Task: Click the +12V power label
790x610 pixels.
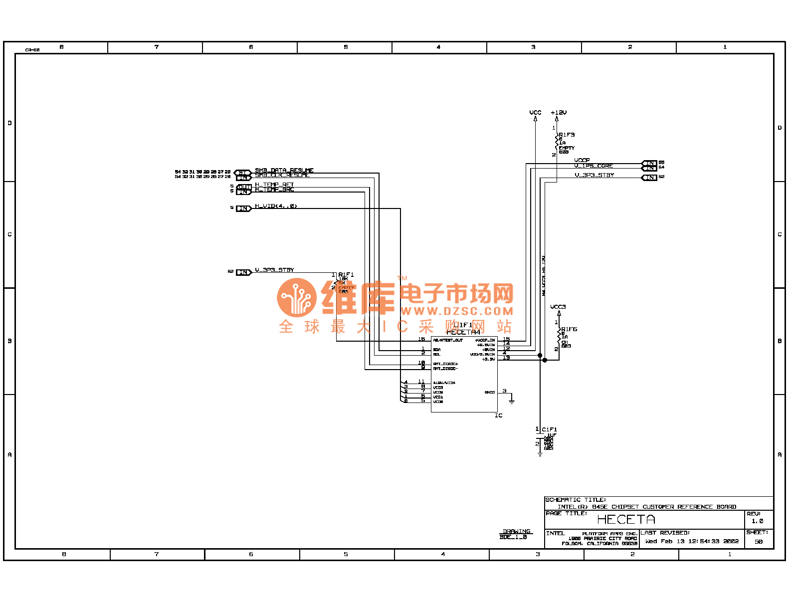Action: click(x=559, y=113)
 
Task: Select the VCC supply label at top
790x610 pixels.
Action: click(x=535, y=113)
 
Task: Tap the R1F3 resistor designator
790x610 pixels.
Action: click(x=567, y=135)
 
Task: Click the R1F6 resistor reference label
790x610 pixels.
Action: click(x=569, y=329)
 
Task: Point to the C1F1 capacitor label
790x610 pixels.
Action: click(x=550, y=429)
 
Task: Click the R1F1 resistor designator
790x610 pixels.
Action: click(x=346, y=275)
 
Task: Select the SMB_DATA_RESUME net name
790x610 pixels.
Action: click(x=284, y=171)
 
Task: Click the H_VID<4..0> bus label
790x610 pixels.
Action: click(x=276, y=206)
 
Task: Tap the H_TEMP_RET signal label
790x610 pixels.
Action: click(x=274, y=185)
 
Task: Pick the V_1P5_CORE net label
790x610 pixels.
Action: click(x=593, y=166)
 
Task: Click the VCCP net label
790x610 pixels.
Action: click(x=582, y=160)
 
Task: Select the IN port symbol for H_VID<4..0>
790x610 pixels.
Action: click(x=243, y=208)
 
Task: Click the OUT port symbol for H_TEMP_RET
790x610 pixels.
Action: click(x=243, y=188)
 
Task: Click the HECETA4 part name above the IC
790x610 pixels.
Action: click(x=463, y=332)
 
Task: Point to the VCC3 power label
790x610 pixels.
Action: click(x=558, y=307)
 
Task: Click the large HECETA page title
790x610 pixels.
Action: click(x=626, y=520)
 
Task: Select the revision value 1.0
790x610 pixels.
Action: click(x=757, y=521)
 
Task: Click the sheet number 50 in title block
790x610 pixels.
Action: click(x=758, y=542)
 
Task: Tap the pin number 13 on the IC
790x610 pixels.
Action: click(x=506, y=358)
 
